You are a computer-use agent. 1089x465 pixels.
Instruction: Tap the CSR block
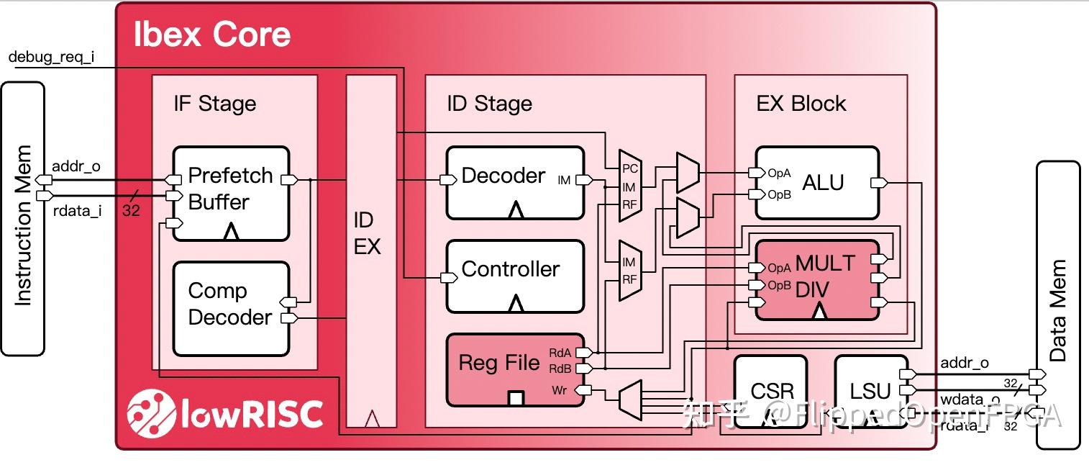[771, 391]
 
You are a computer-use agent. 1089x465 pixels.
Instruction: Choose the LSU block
[870, 391]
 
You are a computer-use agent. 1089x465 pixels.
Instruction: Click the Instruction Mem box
[23, 218]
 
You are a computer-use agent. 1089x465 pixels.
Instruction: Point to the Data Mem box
[1057, 305]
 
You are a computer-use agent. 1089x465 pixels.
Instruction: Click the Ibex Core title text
[212, 35]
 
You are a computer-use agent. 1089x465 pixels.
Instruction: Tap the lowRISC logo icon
[152, 413]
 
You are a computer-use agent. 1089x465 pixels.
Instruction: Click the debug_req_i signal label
[51, 58]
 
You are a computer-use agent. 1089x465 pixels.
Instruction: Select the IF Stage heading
[214, 104]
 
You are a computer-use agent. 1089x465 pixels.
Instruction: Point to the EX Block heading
[801, 104]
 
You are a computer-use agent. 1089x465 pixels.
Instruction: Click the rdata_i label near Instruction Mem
[76, 212]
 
